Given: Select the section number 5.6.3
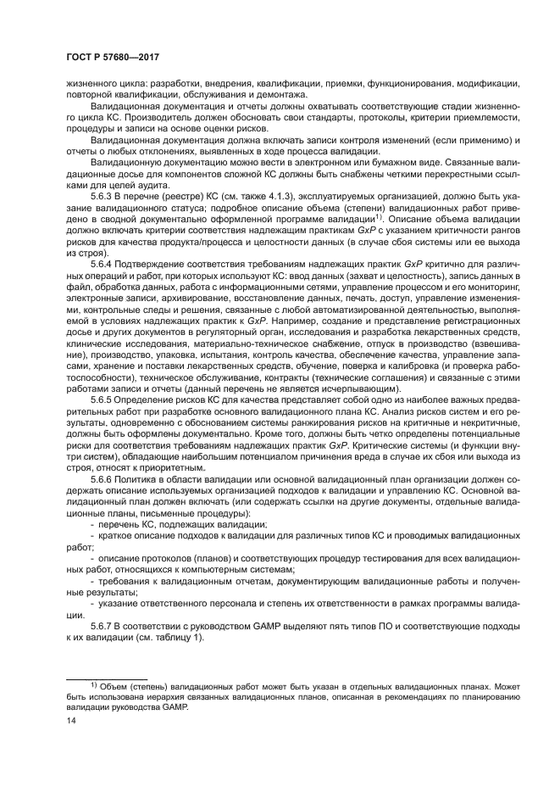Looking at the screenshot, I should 103,195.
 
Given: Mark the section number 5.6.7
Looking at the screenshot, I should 103,625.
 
